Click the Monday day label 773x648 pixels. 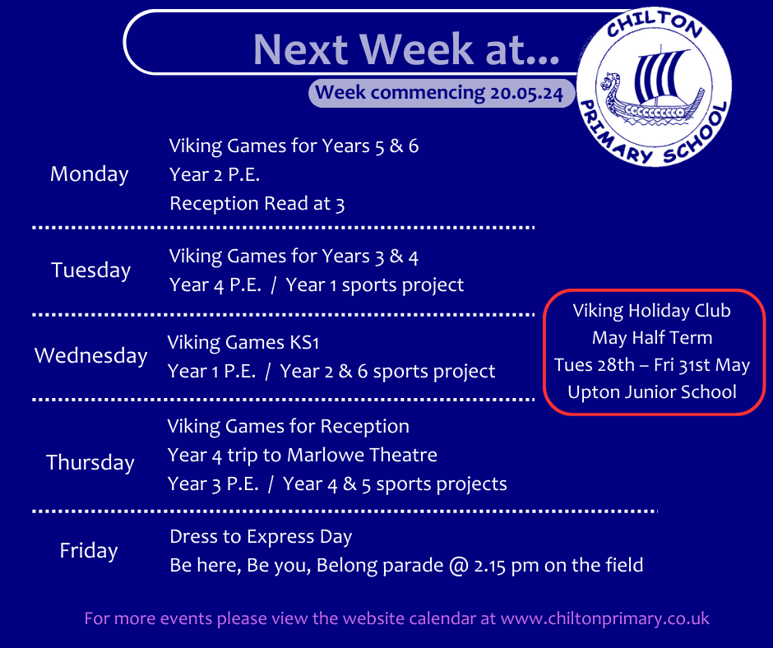click(90, 174)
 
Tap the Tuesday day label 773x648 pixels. click(90, 271)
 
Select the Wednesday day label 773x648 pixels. click(90, 355)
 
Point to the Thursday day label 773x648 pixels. click(90, 463)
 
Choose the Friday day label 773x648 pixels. click(89, 550)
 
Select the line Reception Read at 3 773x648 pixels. click(257, 204)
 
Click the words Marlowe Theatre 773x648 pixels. click(363, 456)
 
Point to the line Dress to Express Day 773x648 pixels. click(261, 537)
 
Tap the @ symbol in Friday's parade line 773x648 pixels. click(459, 566)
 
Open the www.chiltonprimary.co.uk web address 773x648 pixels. click(605, 618)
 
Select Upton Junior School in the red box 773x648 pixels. click(652, 392)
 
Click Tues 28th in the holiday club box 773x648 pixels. click(594, 365)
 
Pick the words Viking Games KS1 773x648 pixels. click(243, 343)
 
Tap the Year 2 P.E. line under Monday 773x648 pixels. click(215, 174)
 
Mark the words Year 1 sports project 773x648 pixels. click(375, 285)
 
